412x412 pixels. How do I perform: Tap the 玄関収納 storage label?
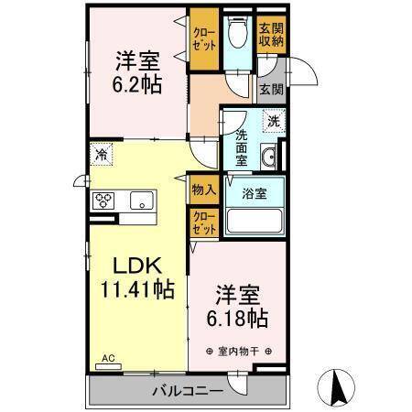[x=271, y=35]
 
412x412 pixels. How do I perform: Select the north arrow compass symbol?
[x=336, y=387]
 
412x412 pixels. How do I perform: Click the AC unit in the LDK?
[x=108, y=366]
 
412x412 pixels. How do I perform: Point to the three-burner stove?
[x=103, y=201]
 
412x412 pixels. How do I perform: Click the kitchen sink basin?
[x=142, y=201]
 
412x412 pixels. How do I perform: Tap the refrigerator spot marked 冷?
[x=102, y=155]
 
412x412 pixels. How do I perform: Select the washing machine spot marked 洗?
[x=274, y=121]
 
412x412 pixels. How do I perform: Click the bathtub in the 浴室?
[x=255, y=221]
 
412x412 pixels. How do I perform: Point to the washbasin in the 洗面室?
[x=268, y=157]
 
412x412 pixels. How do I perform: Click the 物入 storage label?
[x=204, y=190]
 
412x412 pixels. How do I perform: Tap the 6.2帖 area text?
[x=137, y=84]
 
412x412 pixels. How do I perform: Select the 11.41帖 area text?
[x=137, y=288]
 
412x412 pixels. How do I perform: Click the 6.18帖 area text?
[x=237, y=319]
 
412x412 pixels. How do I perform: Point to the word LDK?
[x=137, y=266]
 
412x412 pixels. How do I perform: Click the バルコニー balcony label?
[x=188, y=391]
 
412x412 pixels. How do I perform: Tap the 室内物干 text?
[x=238, y=352]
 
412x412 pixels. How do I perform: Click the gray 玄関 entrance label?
[x=271, y=90]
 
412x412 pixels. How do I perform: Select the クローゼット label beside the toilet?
[x=204, y=39]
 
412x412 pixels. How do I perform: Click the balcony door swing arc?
[x=240, y=387]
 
